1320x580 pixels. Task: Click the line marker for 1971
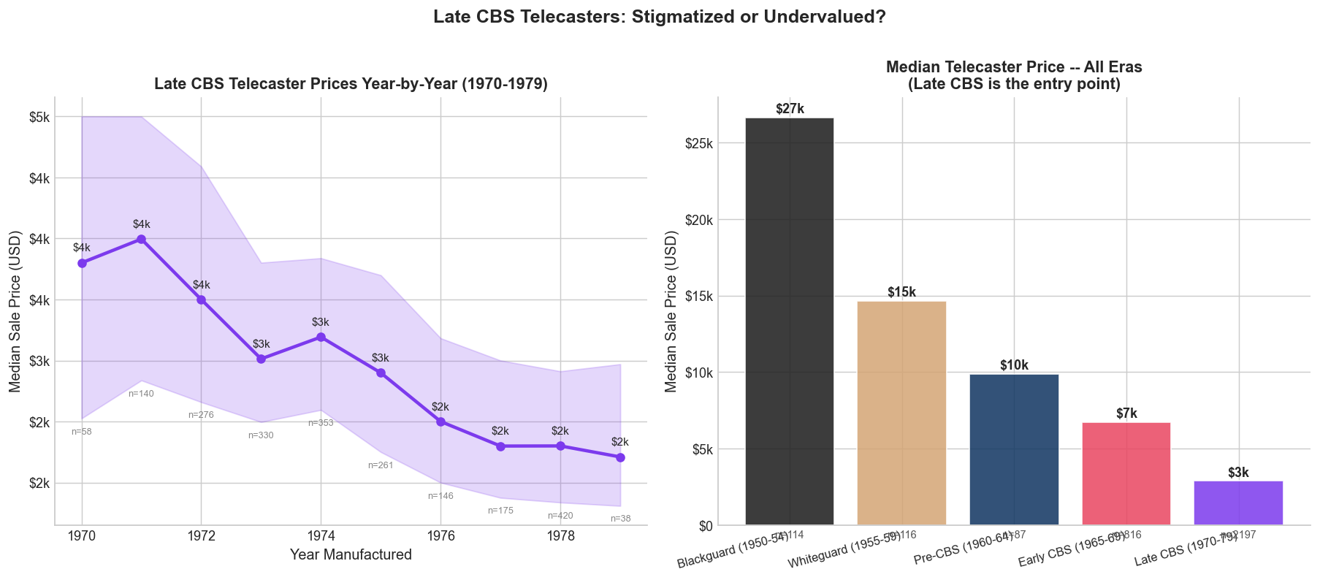(x=141, y=239)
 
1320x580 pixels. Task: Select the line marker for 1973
(x=261, y=359)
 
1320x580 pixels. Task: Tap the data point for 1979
(x=620, y=457)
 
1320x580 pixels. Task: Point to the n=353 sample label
(x=321, y=423)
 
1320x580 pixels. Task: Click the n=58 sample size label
(x=82, y=432)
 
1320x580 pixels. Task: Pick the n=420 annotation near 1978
(x=560, y=516)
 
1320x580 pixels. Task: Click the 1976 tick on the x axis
(x=440, y=536)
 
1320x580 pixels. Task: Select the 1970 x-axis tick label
(x=82, y=536)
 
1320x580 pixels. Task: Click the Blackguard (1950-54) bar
(x=789, y=321)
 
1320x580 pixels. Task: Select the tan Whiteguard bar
(x=901, y=413)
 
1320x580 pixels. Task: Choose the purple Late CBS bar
(x=1238, y=503)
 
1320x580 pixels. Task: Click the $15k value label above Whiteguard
(x=901, y=292)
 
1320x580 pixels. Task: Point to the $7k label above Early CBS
(x=1126, y=414)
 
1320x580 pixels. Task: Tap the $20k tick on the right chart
(x=699, y=220)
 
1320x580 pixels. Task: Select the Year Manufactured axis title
(x=351, y=555)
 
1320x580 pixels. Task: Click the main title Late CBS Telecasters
(x=659, y=17)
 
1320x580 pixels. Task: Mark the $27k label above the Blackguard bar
(x=789, y=109)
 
